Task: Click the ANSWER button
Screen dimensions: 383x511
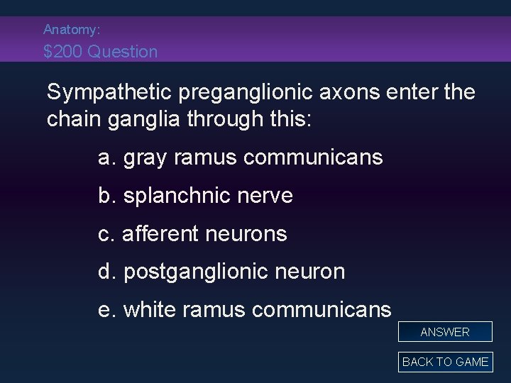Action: [445, 332]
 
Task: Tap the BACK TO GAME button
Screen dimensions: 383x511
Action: [445, 362]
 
